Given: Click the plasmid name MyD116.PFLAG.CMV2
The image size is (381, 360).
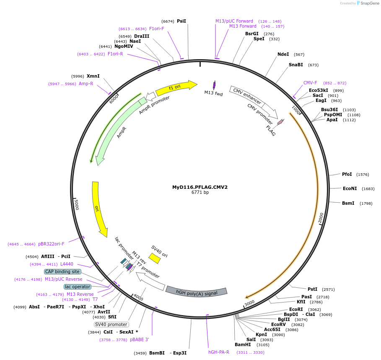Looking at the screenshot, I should point(200,187).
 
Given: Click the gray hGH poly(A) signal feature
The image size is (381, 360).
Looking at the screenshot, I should point(196,291).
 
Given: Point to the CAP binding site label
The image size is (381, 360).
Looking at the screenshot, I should point(62,271).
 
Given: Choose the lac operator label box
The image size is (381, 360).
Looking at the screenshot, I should point(78,287).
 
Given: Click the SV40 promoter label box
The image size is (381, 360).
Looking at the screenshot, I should point(111,324).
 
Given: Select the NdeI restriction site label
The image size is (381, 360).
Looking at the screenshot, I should point(283,54).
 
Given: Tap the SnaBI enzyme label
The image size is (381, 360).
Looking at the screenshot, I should point(295,65).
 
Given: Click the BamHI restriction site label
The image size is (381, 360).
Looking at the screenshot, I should point(243,344).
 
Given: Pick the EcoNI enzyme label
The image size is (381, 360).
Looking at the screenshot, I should point(350,188).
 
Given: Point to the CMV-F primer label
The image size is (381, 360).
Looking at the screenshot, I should point(310,83).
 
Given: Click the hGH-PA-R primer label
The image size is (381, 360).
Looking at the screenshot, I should point(219,352).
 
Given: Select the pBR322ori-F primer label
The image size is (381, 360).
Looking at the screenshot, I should point(51,244).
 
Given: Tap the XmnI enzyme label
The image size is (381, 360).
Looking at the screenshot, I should point(93,76).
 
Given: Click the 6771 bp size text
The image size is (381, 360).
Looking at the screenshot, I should point(200,193).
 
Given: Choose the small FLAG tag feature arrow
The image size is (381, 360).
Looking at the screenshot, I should point(280,122).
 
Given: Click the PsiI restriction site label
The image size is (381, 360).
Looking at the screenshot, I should point(181,21).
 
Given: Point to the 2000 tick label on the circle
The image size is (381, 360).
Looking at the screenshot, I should point(321,217).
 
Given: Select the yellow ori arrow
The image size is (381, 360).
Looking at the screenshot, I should point(99,209).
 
